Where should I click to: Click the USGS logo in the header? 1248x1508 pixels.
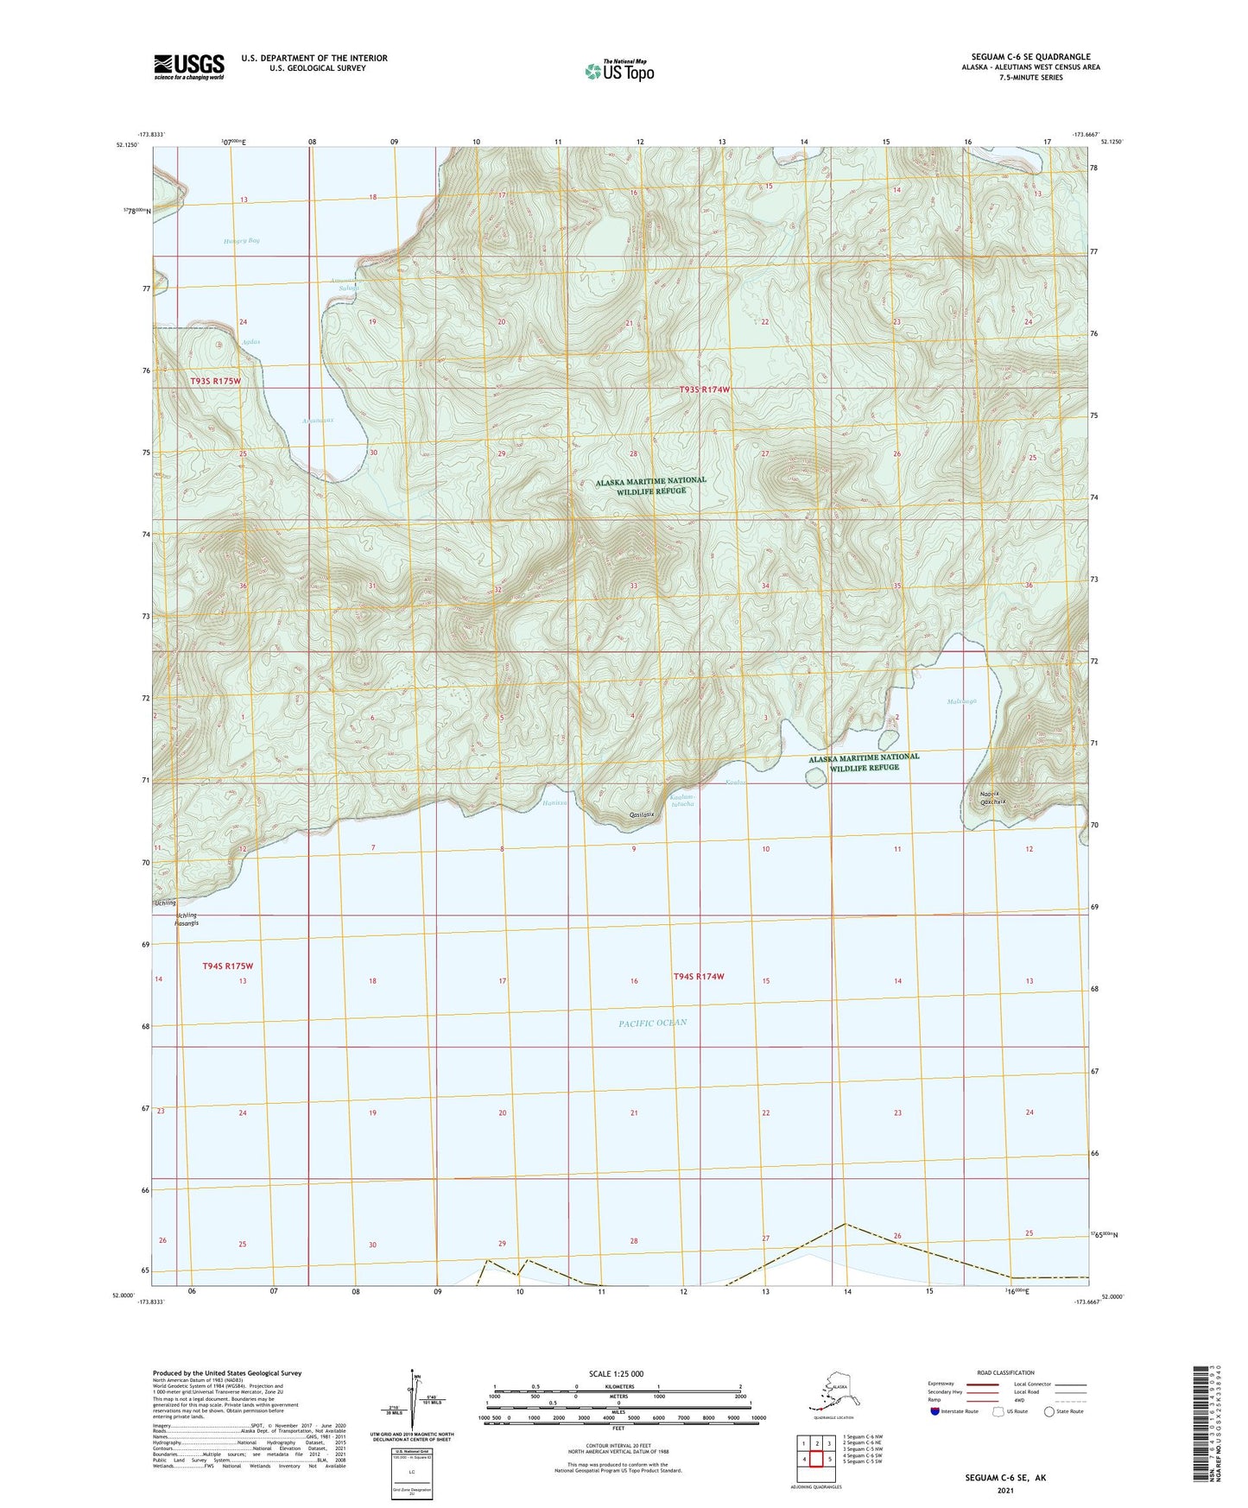[x=189, y=67]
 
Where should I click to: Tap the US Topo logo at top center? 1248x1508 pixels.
[x=618, y=71]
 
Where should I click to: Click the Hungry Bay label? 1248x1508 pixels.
[x=241, y=241]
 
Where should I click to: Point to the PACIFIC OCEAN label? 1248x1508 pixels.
[x=652, y=1023]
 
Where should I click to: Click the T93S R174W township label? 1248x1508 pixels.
[x=704, y=390]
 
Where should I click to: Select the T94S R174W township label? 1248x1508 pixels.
[x=698, y=976]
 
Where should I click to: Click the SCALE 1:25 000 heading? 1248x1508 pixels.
[x=618, y=1373]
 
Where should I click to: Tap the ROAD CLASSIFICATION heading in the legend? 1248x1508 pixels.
[x=1004, y=1372]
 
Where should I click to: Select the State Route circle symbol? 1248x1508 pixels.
[x=1048, y=1412]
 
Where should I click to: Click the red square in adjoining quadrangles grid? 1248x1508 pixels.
[x=814, y=1459]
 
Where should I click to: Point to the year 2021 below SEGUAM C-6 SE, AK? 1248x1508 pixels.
[x=1004, y=1490]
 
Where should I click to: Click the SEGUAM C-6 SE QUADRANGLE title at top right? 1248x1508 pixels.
[x=1027, y=57]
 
